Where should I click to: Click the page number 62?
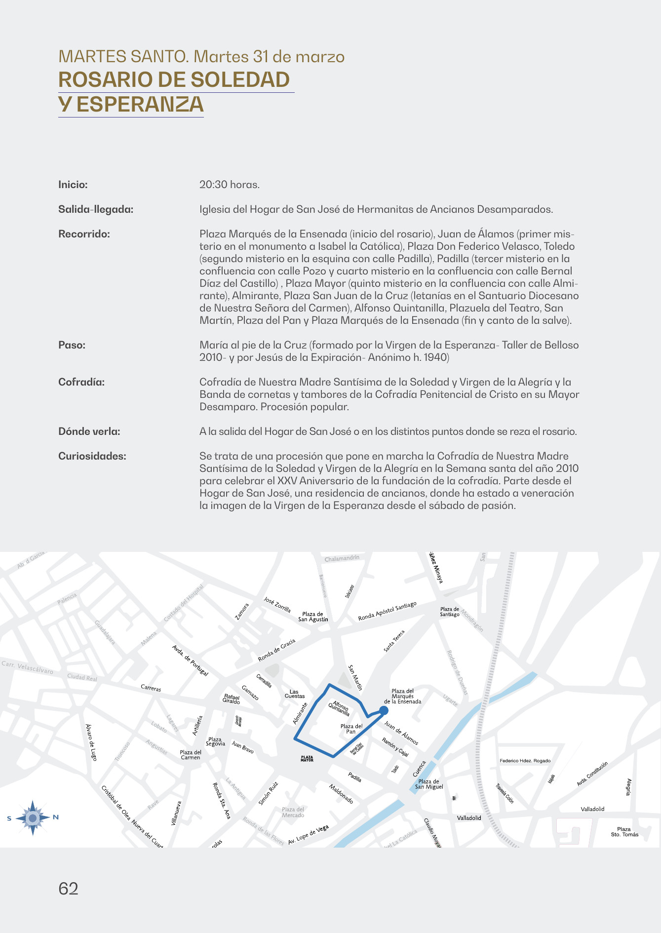click(x=68, y=889)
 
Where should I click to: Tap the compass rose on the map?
click(x=33, y=818)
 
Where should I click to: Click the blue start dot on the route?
click(x=384, y=710)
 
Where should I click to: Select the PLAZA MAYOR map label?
click(x=307, y=759)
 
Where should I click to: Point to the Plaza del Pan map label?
click(x=351, y=729)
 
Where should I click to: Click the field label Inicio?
click(x=73, y=185)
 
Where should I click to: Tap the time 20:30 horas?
click(x=230, y=185)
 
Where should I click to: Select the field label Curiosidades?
click(x=92, y=456)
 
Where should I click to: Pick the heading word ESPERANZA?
click(x=140, y=105)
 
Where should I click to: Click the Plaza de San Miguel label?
click(x=429, y=784)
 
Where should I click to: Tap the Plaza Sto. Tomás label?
click(x=624, y=832)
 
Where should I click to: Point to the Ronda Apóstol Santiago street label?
click(x=388, y=611)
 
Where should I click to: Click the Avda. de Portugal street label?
click(x=190, y=661)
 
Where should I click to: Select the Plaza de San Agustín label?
click(x=313, y=617)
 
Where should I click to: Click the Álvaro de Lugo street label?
click(x=91, y=742)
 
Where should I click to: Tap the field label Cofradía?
click(x=81, y=382)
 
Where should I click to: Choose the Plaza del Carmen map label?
click(x=191, y=755)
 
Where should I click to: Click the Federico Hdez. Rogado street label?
click(x=525, y=761)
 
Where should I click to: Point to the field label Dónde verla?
click(x=89, y=431)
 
